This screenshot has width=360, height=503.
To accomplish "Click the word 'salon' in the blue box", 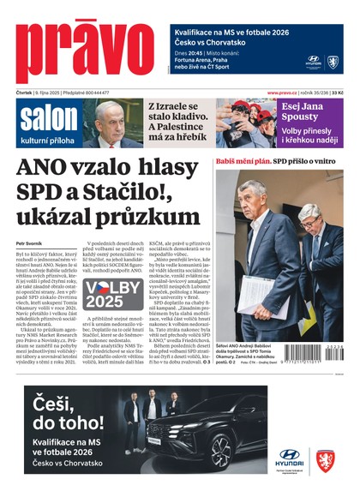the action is pyautogui.click(x=43, y=117).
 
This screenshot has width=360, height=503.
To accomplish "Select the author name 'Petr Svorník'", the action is pyautogui.click(x=31, y=244).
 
